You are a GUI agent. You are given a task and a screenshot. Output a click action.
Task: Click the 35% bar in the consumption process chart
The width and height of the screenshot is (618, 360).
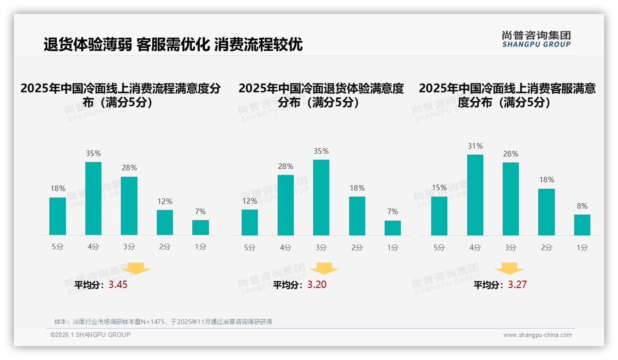pos(94,198)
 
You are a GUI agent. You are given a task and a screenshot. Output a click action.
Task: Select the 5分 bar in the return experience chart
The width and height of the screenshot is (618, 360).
pos(250,222)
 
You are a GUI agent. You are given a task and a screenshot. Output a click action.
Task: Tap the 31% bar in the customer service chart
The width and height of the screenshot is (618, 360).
pos(475,195)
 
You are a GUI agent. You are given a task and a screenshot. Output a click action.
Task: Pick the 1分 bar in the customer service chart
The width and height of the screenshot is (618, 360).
pos(582,225)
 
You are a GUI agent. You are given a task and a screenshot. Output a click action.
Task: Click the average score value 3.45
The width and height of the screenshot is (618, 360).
pos(118,285)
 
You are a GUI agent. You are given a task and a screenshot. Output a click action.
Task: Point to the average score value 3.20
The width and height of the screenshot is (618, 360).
pos(317,285)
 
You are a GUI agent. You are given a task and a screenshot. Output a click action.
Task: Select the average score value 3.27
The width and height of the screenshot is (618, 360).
pos(517,285)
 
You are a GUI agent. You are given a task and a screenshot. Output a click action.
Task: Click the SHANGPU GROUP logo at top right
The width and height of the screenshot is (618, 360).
pos(536,39)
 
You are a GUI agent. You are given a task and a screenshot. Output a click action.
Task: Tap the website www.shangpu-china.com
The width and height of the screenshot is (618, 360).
pos(537,335)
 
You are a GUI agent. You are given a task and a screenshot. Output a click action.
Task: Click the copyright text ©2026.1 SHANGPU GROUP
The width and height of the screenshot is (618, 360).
pos(90,335)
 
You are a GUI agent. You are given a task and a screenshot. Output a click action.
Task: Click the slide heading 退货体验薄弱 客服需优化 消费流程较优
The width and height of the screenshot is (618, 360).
pos(173,45)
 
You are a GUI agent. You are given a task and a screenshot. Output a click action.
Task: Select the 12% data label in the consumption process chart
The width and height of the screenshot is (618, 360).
pos(165,201)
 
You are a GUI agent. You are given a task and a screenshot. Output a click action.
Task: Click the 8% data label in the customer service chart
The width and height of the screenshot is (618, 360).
pos(582,206)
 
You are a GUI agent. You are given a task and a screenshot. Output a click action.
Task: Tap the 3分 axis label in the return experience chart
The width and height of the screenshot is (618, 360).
pos(321,247)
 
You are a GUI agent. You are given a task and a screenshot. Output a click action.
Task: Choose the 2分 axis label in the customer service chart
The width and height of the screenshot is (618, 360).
pos(547,247)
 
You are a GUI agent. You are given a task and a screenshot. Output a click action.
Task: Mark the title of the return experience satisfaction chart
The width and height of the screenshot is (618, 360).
pos(321,95)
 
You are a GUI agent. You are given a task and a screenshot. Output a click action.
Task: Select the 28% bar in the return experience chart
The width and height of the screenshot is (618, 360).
pos(285,205)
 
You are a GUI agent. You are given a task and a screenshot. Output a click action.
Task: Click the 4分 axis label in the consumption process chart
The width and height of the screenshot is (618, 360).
pos(94,247)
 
